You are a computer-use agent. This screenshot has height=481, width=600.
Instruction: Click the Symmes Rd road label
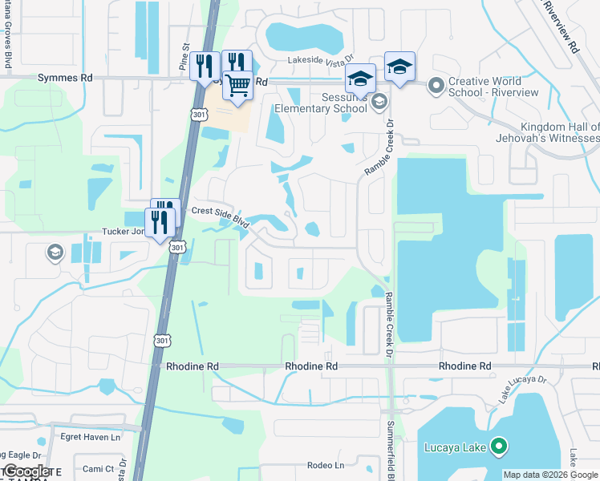(x=65, y=78)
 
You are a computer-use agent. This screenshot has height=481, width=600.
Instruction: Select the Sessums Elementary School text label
(x=321, y=103)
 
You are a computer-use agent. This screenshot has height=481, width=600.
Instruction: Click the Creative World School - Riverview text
(x=496, y=87)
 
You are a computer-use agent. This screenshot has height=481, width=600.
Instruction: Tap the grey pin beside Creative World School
(x=436, y=84)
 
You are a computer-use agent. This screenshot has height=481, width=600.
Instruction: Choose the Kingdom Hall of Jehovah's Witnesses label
(x=559, y=132)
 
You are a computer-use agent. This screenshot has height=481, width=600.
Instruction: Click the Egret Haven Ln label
(x=90, y=437)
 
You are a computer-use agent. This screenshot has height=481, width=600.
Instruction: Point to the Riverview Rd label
(x=561, y=26)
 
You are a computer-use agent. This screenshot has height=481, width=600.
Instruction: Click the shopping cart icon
(x=238, y=86)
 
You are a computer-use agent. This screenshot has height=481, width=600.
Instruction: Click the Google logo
(x=26, y=471)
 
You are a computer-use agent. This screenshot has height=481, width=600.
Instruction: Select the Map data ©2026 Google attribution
(x=550, y=475)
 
